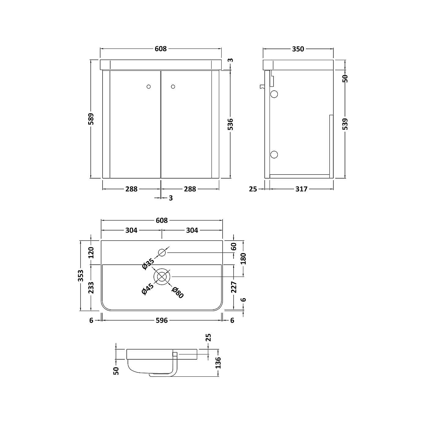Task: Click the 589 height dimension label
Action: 91,119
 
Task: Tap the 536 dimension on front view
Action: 230,125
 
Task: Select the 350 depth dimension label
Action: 298,49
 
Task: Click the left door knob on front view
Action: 149,87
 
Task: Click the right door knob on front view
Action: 173,87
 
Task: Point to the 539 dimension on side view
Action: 345,124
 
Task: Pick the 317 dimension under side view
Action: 301,189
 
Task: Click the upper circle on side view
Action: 274,94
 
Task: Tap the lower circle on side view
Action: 274,154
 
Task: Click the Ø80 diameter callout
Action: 177,293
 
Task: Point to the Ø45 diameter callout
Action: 148,289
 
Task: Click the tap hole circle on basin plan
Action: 162,252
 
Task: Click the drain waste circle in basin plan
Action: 162,277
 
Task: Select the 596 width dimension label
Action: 162,321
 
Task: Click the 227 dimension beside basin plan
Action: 234,287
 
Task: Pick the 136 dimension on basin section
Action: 218,363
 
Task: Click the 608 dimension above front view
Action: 161,49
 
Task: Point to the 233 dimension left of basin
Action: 91,288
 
